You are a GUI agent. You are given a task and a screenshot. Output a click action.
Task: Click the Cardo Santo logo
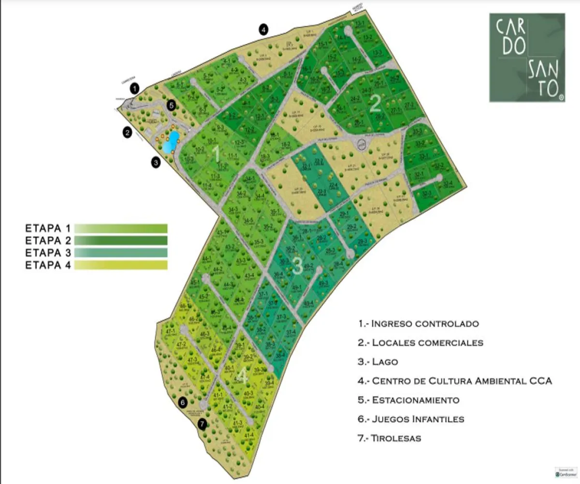coord(527,57)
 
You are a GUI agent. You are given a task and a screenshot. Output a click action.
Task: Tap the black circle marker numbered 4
coord(263,29)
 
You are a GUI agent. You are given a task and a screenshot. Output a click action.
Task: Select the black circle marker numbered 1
coord(135,88)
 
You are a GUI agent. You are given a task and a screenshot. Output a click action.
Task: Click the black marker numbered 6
coord(182,402)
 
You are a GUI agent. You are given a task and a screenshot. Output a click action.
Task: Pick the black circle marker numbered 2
coord(128,132)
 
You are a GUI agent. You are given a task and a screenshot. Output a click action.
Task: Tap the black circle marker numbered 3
coord(156,163)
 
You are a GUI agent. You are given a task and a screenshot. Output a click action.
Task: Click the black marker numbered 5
coord(171,104)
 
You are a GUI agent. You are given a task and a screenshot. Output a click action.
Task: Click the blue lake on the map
coord(171,142)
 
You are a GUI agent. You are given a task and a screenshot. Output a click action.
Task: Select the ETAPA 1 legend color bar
coord(121,228)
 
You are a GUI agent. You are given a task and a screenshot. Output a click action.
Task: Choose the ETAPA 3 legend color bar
coord(121,253)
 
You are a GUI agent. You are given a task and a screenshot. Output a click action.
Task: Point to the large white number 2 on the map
coord(376,104)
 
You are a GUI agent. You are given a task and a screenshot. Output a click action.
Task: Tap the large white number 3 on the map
coord(297,266)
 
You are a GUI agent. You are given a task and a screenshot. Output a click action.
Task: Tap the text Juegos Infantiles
coord(418,419)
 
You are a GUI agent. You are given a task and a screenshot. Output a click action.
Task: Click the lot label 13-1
coord(360,24)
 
